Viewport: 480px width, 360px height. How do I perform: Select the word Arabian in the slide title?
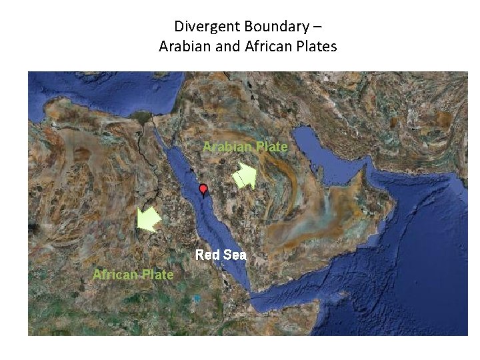[x=181, y=47]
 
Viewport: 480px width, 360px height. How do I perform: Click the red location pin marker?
[x=203, y=190]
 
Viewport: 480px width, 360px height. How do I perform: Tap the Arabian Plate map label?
[x=245, y=147]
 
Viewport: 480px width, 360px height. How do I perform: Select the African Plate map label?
[x=133, y=275]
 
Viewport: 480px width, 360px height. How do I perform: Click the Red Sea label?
[x=221, y=255]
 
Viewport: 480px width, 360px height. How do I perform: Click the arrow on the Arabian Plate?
[x=244, y=178]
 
